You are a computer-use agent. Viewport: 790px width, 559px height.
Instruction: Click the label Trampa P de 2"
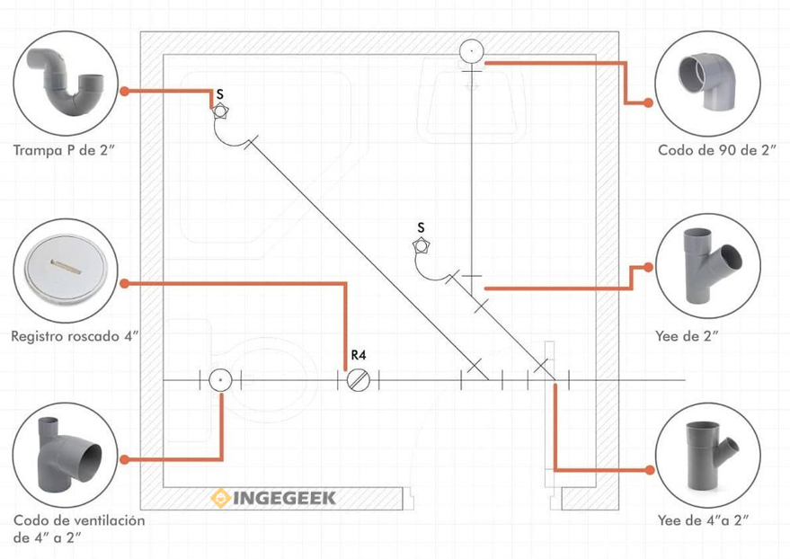tap(66, 150)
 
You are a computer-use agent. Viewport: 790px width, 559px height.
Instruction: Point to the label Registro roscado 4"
tap(76, 336)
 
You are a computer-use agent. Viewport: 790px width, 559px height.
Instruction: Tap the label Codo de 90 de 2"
tap(716, 150)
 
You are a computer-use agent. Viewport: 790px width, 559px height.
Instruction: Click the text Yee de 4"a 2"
tap(703, 519)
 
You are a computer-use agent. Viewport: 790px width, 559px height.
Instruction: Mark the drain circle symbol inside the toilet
tap(219, 381)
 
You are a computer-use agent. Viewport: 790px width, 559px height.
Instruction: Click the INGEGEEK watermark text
tap(285, 498)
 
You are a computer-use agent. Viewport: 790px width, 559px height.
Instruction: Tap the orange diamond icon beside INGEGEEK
tap(220, 498)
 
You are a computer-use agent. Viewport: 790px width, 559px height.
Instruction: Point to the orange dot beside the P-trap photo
tap(126, 91)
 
